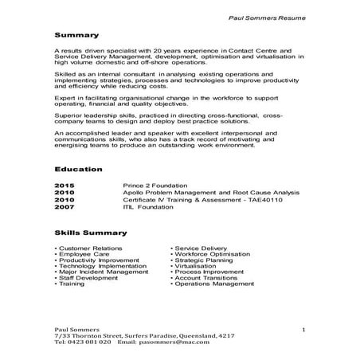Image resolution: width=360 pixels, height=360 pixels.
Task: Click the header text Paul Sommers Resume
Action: tap(268, 15)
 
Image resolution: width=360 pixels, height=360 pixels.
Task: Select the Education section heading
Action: tap(78, 170)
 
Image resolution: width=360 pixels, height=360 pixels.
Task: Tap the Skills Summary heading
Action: tap(90, 233)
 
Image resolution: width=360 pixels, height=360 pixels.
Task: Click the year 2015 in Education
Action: tap(64, 185)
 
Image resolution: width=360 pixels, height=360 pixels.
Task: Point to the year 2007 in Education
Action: tap(64, 206)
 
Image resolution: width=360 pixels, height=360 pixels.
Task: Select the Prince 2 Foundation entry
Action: tap(155, 185)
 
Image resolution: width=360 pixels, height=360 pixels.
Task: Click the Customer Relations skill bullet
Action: tap(88, 248)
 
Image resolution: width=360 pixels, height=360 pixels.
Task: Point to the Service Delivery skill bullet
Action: tap(200, 248)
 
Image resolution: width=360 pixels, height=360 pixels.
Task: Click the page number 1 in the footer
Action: tap(304, 329)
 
